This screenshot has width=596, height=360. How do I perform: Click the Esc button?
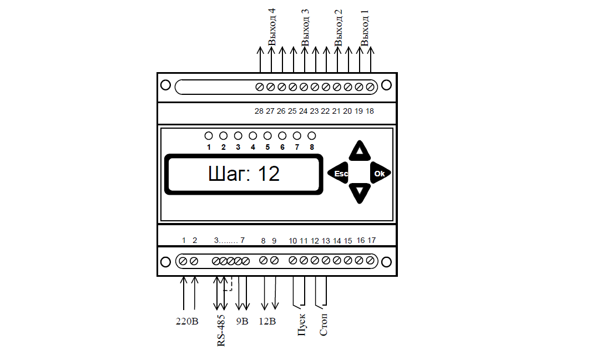click(x=338, y=173)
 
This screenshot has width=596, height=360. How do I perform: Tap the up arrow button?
click(x=360, y=151)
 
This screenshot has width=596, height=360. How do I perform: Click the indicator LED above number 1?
click(x=209, y=135)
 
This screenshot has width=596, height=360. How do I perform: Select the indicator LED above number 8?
click(x=312, y=135)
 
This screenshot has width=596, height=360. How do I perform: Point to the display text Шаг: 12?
click(x=244, y=174)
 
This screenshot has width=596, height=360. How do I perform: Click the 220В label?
click(x=187, y=321)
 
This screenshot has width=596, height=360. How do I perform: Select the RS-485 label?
click(x=221, y=331)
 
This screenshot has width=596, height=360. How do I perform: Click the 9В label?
click(x=242, y=321)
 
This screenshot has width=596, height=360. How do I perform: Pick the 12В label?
click(x=267, y=321)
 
